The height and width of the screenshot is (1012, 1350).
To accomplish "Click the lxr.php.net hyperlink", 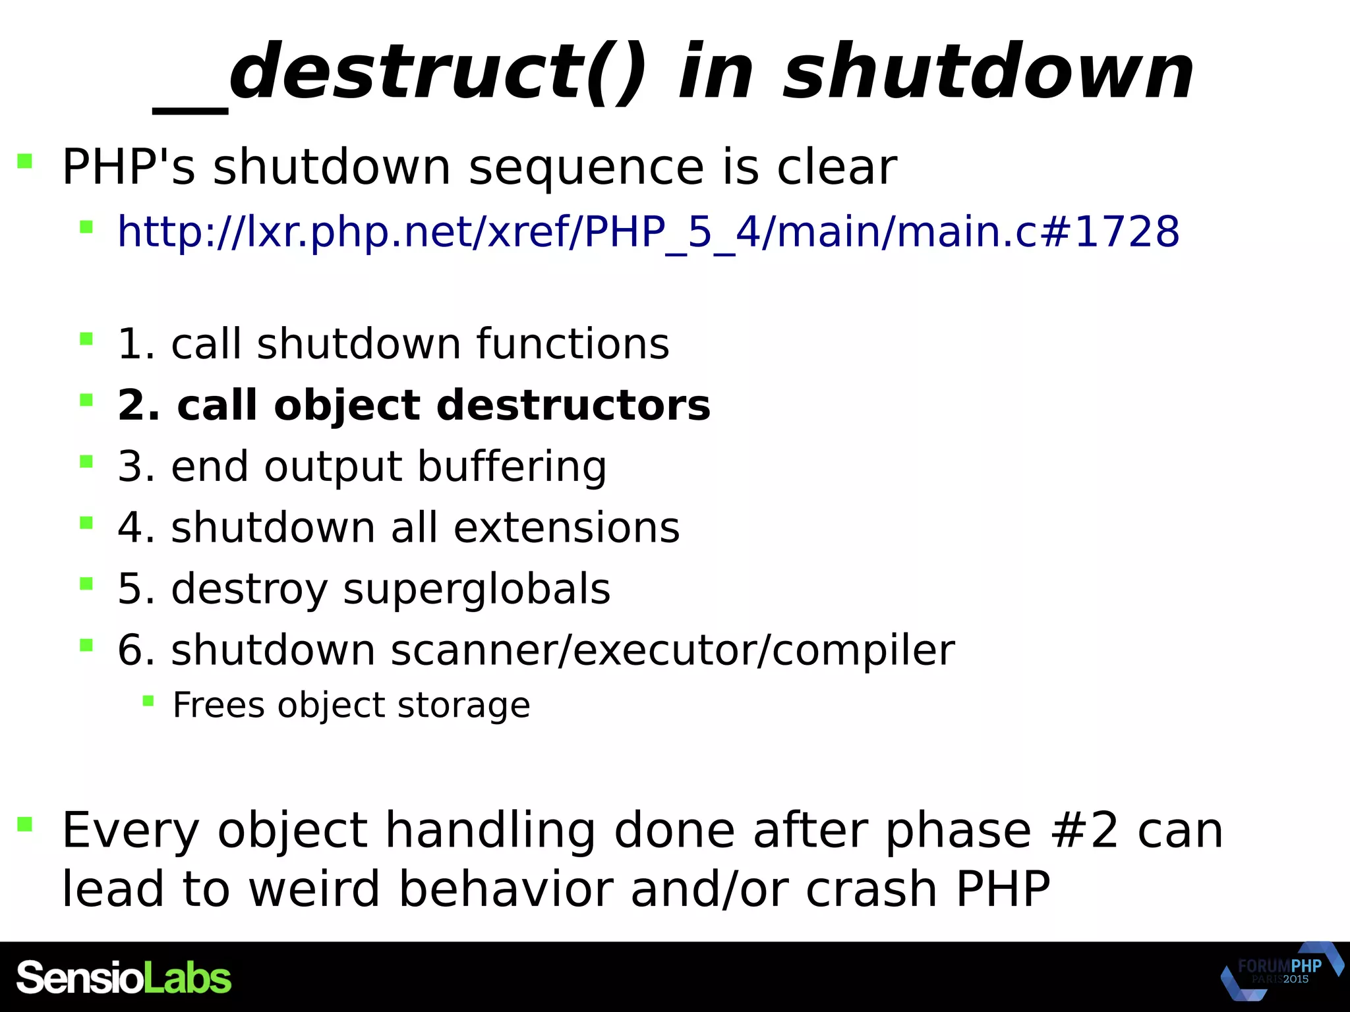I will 648,232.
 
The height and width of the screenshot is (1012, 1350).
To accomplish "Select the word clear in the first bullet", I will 836,167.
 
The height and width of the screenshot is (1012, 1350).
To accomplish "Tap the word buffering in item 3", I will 512,466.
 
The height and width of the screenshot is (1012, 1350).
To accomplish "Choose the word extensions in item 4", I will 566,528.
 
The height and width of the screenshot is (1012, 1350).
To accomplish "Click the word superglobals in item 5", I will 477,588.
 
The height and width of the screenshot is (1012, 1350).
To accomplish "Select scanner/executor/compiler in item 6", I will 672,650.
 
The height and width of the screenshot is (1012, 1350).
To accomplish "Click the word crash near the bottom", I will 871,889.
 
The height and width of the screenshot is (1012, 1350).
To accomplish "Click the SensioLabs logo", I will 124,978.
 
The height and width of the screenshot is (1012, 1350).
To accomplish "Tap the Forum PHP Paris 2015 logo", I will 1280,971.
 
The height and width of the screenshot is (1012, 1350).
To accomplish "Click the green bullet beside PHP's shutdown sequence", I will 25,161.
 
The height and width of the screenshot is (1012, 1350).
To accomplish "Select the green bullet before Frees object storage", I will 148,701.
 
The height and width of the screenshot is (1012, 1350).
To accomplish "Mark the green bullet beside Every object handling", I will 25,824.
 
